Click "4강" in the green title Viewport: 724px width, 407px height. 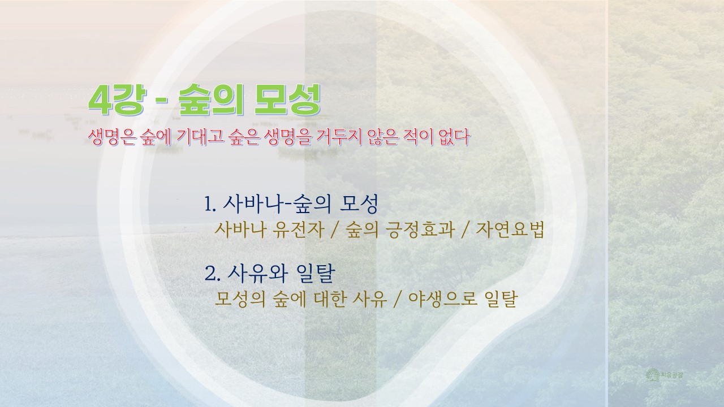[x=117, y=100]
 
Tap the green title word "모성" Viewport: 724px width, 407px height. [x=286, y=100]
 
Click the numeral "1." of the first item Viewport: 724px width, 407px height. [x=210, y=205]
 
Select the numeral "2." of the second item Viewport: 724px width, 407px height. [x=212, y=274]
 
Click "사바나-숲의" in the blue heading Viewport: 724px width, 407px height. [x=277, y=204]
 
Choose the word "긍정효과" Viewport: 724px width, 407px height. [x=421, y=230]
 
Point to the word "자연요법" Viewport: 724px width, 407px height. [x=510, y=230]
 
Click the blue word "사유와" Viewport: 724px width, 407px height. [x=257, y=274]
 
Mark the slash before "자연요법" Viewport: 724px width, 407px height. [x=466, y=230]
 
